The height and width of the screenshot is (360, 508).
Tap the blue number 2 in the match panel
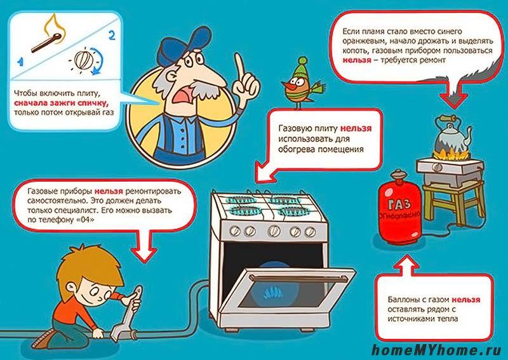[x=112, y=35]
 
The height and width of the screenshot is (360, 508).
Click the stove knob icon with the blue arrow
[x=85, y=59]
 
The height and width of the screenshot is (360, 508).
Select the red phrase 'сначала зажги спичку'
[x=61, y=103]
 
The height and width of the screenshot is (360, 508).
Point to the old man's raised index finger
[x=240, y=67]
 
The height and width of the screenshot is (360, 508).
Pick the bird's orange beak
[x=287, y=88]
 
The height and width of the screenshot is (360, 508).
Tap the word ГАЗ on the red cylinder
[x=399, y=205]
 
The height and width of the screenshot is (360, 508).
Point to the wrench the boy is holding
[x=126, y=314]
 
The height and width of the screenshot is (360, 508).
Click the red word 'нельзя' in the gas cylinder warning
[x=466, y=300]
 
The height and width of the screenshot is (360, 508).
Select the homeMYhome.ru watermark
[x=437, y=350]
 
